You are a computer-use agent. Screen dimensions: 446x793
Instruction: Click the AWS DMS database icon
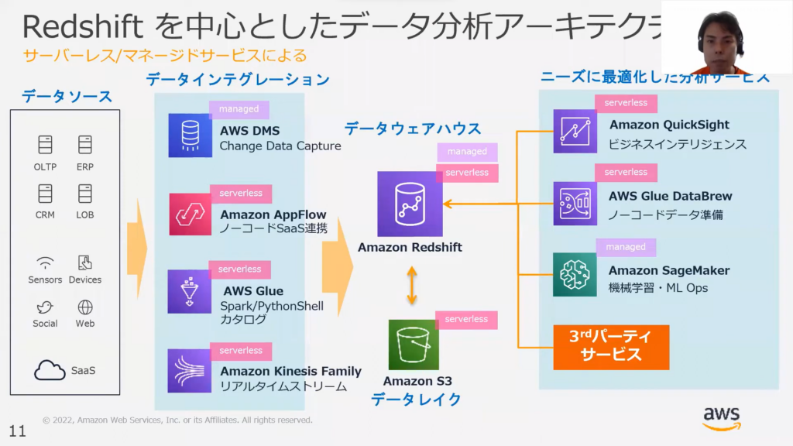pos(190,136)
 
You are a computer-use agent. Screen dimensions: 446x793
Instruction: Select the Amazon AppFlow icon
pos(190,214)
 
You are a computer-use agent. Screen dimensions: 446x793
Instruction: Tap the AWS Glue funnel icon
pos(190,291)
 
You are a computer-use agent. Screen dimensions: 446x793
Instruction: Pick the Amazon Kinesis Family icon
pos(190,370)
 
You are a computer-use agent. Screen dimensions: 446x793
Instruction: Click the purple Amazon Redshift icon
pos(410,204)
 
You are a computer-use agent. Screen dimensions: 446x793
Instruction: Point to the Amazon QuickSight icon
pos(575,131)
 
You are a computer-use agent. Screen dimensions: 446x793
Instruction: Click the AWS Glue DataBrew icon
pos(575,203)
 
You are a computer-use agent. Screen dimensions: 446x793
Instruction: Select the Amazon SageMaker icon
pos(575,275)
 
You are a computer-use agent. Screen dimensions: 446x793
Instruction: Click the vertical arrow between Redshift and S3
pos(412,286)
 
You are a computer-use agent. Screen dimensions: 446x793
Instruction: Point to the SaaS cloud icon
pos(50,370)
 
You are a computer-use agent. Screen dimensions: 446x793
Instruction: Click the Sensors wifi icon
pos(45,262)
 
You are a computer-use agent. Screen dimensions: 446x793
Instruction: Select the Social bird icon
pos(45,307)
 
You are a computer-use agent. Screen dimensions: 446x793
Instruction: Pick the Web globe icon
pos(85,307)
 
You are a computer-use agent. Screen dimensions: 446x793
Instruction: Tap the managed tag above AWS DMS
pos(239,109)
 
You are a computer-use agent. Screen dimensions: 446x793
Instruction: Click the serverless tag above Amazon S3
pos(466,319)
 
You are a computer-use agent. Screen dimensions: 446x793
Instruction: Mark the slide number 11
pos(17,431)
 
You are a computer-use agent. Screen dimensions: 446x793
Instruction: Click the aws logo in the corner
pos(721,418)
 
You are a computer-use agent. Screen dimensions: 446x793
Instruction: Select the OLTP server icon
pos(45,145)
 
